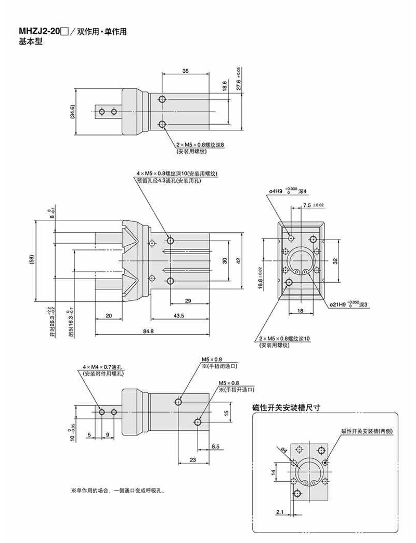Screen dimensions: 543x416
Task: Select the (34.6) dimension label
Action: tap(73, 111)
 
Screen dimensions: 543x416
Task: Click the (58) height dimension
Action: tap(32, 259)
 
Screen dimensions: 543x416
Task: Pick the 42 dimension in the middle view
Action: tap(238, 260)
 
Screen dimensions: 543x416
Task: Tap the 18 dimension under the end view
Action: tap(300, 311)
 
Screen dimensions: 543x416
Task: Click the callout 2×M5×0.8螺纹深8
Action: tap(200, 145)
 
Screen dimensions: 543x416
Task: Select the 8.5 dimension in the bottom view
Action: tap(216, 446)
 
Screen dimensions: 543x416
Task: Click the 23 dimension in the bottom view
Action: tap(193, 459)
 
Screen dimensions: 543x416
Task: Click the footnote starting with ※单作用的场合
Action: tap(118, 490)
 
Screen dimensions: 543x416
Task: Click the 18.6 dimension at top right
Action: tap(224, 85)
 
